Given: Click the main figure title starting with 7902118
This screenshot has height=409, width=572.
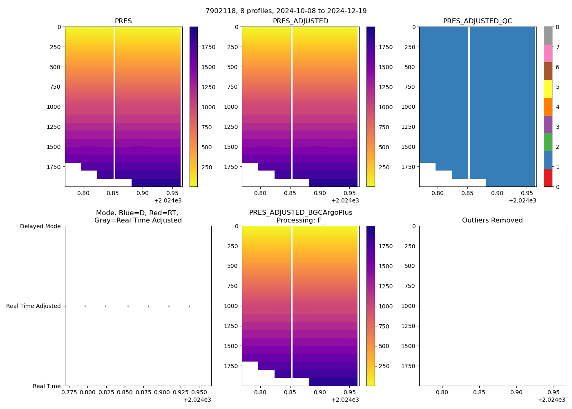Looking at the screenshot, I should click(x=286, y=11).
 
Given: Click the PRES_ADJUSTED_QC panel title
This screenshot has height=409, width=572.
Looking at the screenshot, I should click(x=477, y=21).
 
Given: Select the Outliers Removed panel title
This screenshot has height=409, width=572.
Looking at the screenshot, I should click(x=492, y=220).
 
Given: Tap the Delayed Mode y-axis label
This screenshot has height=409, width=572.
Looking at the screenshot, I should click(x=40, y=226).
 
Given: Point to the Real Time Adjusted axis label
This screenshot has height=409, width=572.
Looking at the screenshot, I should click(x=33, y=306).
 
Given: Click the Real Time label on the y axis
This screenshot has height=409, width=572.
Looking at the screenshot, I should click(x=47, y=386).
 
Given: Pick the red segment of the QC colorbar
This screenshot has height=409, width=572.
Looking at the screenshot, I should click(x=548, y=178).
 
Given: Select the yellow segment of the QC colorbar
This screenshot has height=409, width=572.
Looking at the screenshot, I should click(x=548, y=89).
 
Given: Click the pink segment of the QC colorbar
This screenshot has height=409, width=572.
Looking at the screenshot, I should click(x=548, y=53).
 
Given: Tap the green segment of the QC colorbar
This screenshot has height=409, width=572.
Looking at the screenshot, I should click(x=548, y=142).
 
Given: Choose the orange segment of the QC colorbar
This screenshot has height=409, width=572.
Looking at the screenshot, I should click(x=548, y=107).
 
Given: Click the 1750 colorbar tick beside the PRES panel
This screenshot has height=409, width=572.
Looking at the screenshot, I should click(x=208, y=47).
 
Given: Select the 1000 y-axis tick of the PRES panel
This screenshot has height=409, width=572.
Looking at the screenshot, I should click(x=54, y=107).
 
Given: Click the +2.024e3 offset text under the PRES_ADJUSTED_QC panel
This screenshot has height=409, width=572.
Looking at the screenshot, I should click(x=522, y=200).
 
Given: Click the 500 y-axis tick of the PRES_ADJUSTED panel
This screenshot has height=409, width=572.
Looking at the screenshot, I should click(x=232, y=67).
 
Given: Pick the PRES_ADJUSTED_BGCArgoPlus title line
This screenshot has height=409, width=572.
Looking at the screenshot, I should click(x=301, y=213).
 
